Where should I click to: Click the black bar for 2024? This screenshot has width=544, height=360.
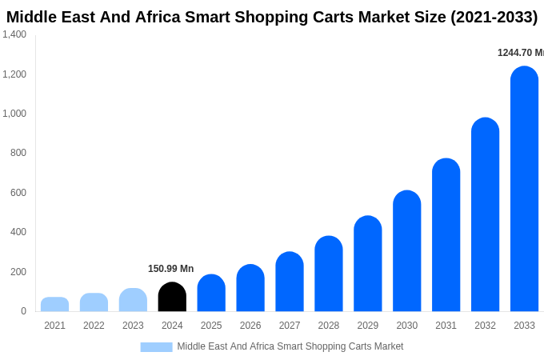[x=172, y=297]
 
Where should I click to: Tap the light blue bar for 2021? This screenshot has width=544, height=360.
[x=54, y=304]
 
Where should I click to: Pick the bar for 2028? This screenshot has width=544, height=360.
[x=329, y=274]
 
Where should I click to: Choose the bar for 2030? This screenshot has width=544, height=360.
[x=406, y=251]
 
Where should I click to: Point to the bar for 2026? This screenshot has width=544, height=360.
[x=250, y=288]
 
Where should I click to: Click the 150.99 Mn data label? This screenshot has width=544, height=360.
[x=170, y=269]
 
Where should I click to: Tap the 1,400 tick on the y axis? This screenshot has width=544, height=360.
[x=14, y=34]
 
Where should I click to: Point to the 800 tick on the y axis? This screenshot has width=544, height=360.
[x=18, y=153]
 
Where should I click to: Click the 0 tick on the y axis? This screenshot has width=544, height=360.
[x=23, y=311]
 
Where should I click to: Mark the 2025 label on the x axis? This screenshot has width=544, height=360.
[x=211, y=326]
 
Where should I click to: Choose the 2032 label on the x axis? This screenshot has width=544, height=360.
[x=485, y=326]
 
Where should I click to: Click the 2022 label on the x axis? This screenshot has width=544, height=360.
[x=94, y=326]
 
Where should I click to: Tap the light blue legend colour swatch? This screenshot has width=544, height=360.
[x=156, y=347]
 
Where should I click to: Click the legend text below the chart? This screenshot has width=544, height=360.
[x=290, y=346]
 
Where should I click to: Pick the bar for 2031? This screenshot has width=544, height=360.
[x=446, y=235]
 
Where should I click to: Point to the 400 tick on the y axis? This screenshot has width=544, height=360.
[x=18, y=232]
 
